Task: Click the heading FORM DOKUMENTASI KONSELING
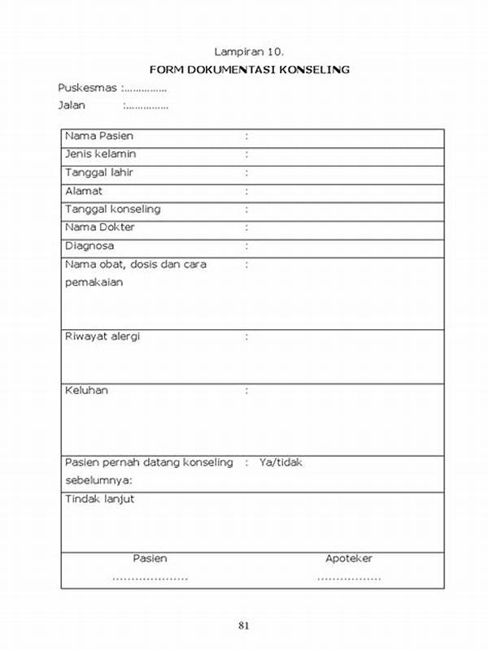click(x=249, y=69)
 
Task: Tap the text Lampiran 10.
click(x=249, y=50)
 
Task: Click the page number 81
click(x=244, y=625)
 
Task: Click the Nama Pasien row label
click(x=99, y=136)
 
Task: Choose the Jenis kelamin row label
click(x=101, y=154)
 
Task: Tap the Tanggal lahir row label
click(x=99, y=172)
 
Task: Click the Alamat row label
click(x=84, y=191)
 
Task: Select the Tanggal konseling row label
click(x=113, y=209)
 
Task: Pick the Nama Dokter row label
click(x=100, y=227)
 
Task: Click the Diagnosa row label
click(x=89, y=245)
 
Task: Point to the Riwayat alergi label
click(x=102, y=336)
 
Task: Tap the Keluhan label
click(x=86, y=391)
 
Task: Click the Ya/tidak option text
click(x=281, y=462)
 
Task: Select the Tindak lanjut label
click(x=100, y=499)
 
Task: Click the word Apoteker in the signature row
click(x=348, y=558)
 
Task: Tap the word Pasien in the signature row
click(x=150, y=558)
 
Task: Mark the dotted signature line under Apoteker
click(x=348, y=578)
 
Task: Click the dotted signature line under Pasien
click(x=150, y=578)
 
